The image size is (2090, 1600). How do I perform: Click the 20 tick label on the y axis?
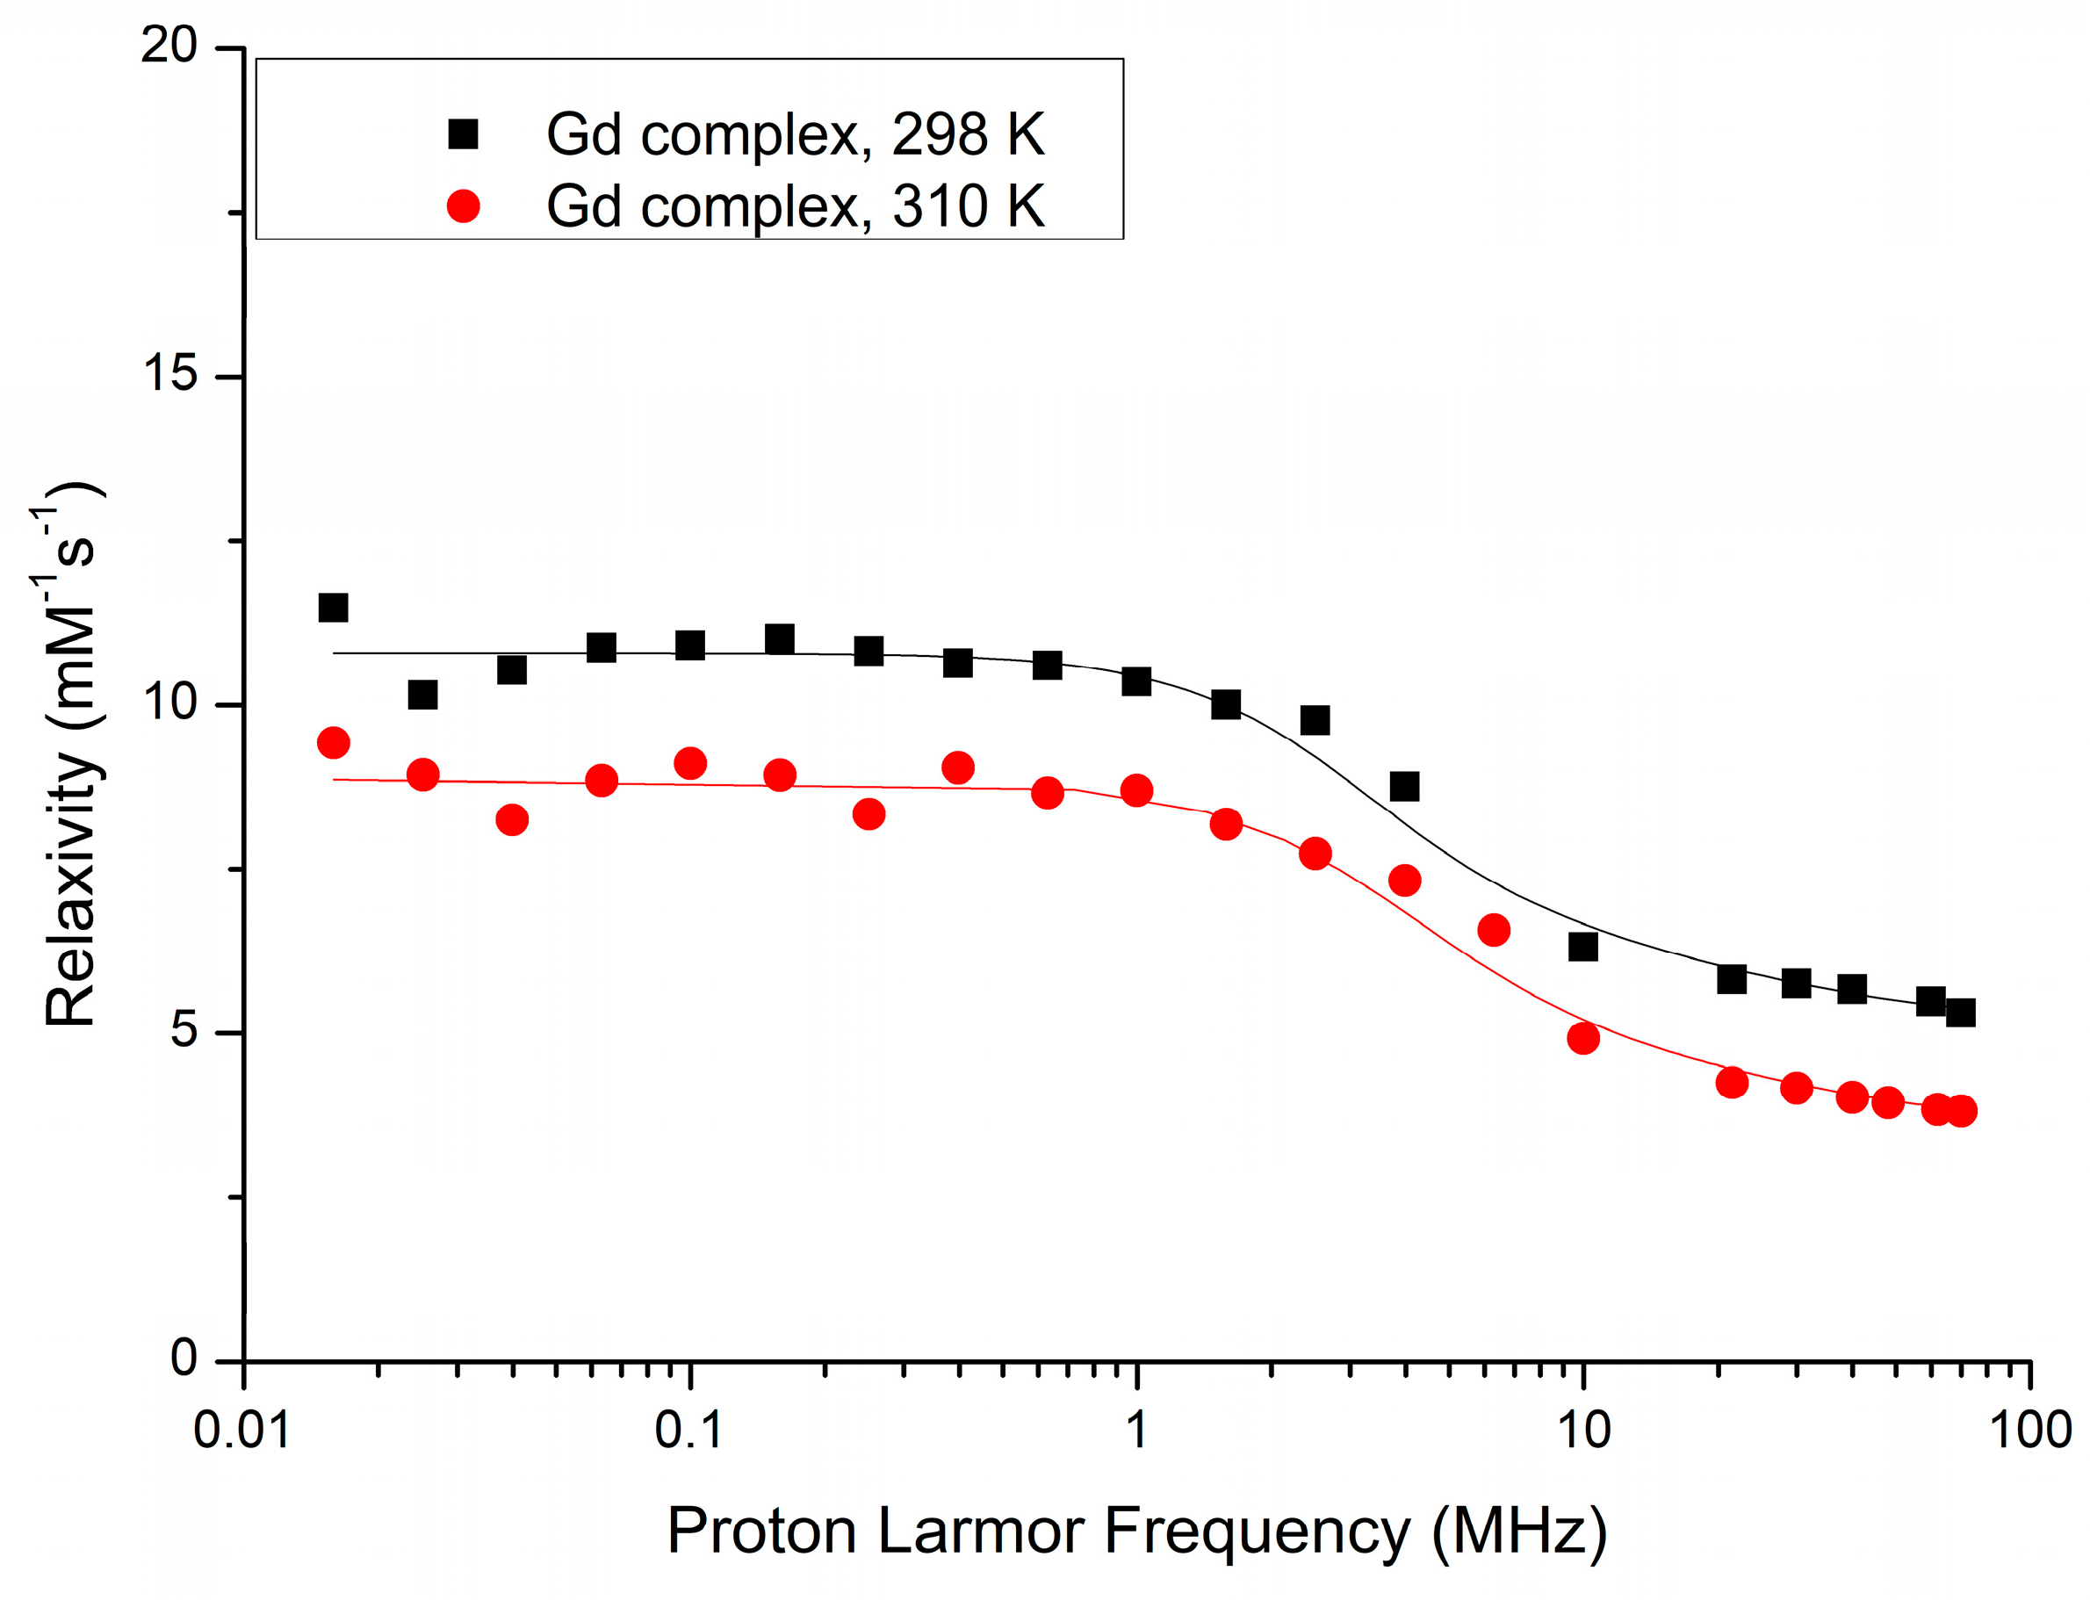click(169, 45)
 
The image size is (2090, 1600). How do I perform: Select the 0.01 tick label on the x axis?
click(241, 1430)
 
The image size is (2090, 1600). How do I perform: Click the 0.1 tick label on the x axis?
click(688, 1430)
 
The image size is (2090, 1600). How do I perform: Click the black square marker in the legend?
click(463, 134)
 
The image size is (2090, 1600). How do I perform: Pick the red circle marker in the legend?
click(463, 205)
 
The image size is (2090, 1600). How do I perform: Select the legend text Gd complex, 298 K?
click(795, 134)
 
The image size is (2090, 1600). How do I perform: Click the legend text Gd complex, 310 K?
click(795, 205)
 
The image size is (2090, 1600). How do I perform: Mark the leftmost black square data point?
click(332, 608)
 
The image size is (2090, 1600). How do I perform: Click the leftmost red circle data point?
click(332, 743)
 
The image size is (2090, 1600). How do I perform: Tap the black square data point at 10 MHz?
click(1582, 947)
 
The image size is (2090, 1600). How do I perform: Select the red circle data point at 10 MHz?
click(1582, 1038)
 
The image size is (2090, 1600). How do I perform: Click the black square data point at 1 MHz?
click(1136, 681)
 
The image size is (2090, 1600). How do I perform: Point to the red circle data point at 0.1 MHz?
click(689, 764)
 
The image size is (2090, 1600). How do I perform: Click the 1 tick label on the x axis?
click(1136, 1430)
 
